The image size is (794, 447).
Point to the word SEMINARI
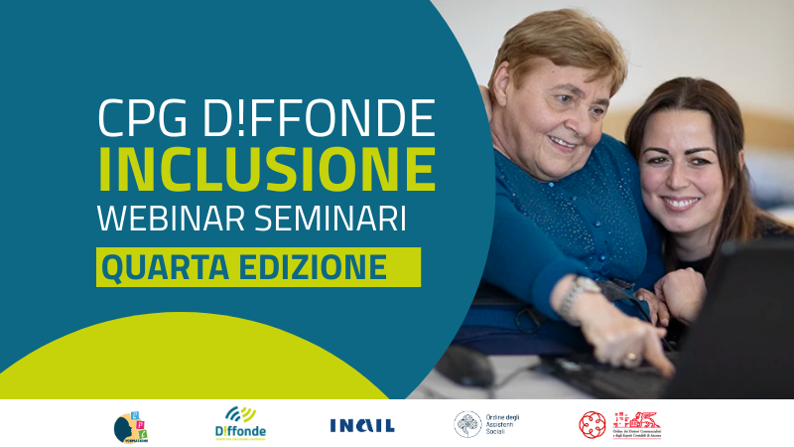(x=335, y=219)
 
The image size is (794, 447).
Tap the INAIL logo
(x=361, y=425)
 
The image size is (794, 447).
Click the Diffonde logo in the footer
(x=240, y=423)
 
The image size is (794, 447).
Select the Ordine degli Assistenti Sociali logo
(x=486, y=424)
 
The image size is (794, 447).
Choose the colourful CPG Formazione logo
(x=131, y=425)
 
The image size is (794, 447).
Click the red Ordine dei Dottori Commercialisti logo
(x=620, y=424)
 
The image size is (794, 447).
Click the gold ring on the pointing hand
(x=630, y=354)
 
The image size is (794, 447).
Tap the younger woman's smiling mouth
(x=681, y=204)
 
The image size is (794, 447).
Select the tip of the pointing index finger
(x=667, y=367)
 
